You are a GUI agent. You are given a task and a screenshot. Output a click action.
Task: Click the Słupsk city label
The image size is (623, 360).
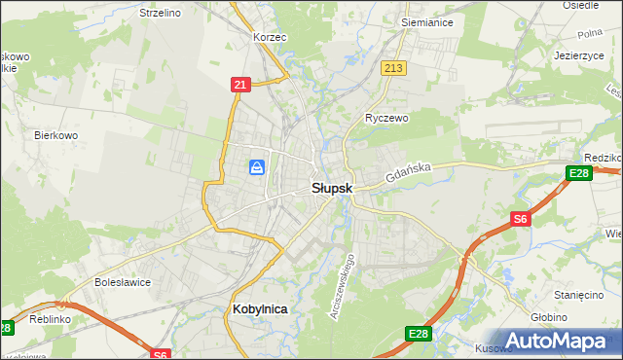(331, 188)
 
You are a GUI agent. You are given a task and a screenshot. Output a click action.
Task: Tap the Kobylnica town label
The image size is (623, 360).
(260, 308)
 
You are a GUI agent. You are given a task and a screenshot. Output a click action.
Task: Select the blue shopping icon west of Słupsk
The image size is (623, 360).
(257, 168)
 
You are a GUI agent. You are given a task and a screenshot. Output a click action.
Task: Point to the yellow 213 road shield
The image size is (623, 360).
(393, 68)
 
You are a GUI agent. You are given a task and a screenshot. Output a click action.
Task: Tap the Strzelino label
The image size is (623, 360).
(161, 13)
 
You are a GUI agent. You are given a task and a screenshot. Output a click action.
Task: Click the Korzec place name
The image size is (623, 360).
(269, 36)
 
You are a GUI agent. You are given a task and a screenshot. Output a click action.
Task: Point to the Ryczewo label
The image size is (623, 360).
(386, 118)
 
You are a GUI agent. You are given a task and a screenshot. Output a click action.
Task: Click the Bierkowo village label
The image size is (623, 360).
(55, 135)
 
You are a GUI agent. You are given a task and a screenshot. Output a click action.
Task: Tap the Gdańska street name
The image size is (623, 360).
(407, 175)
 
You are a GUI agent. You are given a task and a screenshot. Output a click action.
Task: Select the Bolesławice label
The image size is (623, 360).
(121, 282)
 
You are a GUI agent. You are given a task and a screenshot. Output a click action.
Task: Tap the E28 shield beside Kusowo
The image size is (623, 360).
(419, 335)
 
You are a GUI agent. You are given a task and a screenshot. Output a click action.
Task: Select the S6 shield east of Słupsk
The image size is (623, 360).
(521, 220)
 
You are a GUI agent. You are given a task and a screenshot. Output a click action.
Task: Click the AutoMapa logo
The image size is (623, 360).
(552, 342)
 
